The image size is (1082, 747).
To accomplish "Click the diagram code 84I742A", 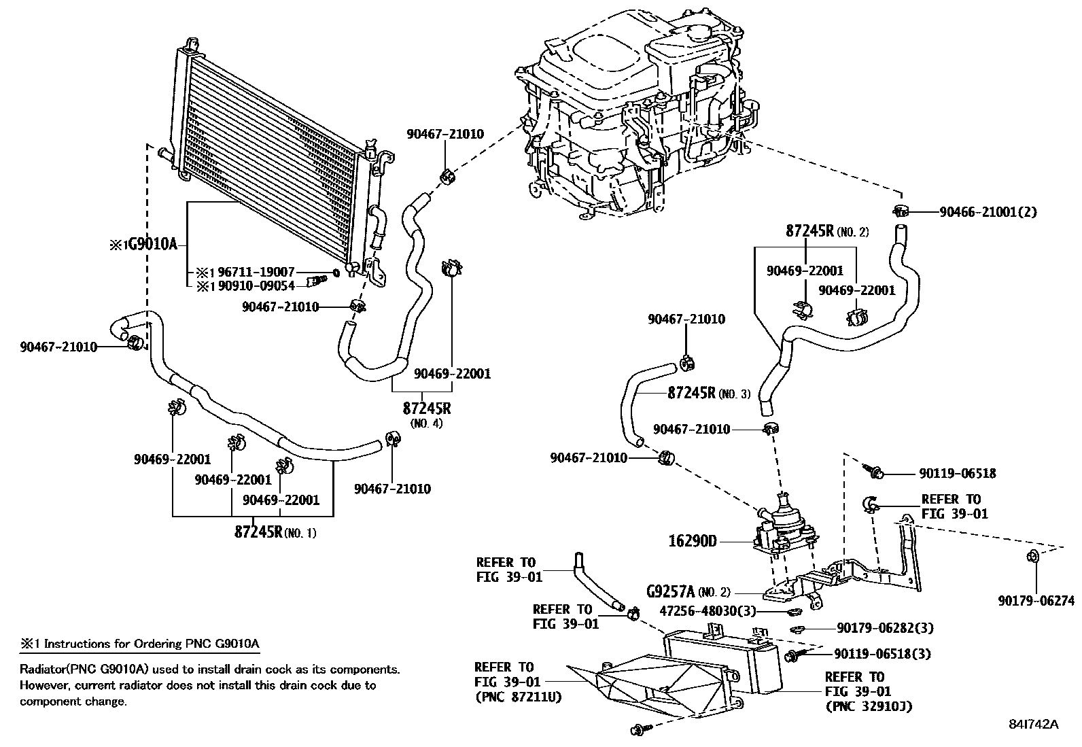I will click(1034, 724).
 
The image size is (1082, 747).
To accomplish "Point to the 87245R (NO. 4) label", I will click(427, 410).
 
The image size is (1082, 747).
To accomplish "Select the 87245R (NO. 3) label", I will click(709, 393).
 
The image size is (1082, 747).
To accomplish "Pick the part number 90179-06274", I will click(1036, 601).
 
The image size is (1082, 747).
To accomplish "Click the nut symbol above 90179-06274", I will click(1031, 558).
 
